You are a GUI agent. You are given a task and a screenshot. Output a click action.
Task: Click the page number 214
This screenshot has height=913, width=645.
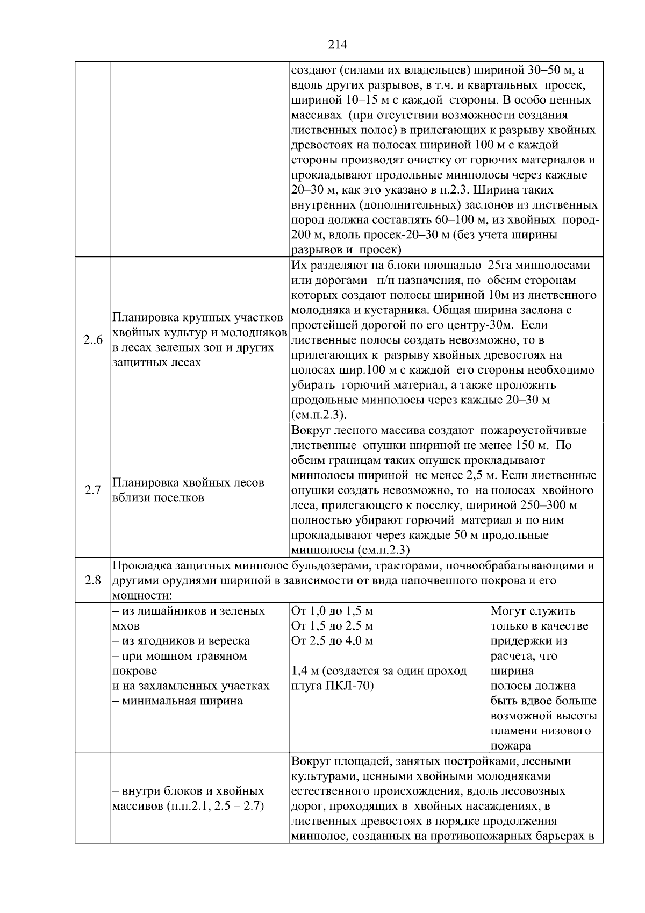click(338, 45)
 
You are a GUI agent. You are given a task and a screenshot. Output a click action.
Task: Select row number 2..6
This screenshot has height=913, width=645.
click(93, 340)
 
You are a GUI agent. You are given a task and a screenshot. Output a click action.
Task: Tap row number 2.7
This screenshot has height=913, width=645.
click(93, 490)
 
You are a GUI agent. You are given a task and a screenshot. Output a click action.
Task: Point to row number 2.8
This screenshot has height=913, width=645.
click(93, 580)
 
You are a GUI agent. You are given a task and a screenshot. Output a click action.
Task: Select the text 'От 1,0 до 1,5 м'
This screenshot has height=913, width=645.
click(332, 611)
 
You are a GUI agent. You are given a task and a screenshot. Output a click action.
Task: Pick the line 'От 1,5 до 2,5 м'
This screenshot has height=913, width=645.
click(332, 626)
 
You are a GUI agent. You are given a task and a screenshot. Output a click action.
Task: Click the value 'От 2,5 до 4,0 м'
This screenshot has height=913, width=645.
click(332, 641)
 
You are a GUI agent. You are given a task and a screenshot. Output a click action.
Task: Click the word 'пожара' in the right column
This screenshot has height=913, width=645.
click(511, 746)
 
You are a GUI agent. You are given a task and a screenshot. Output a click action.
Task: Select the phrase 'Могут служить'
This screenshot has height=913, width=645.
click(533, 611)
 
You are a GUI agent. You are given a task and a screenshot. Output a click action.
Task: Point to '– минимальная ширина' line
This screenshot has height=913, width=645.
click(177, 701)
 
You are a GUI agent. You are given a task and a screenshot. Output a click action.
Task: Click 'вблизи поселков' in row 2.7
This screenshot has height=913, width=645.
click(158, 497)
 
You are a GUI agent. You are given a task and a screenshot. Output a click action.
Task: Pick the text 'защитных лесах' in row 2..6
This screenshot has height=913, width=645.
click(157, 362)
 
